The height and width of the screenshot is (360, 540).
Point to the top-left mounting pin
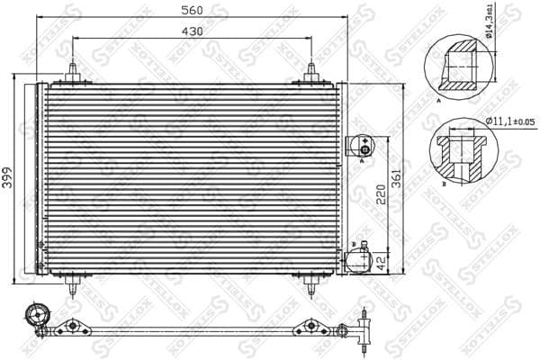pos(71,72)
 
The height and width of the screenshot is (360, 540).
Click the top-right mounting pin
pos(311,72)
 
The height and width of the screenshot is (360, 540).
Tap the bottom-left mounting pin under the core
pos(71,284)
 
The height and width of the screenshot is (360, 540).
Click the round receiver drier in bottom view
pos(38,315)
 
